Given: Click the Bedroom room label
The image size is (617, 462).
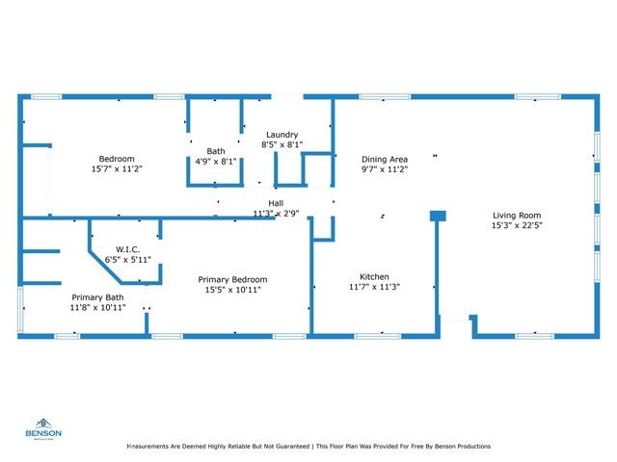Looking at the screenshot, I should point(117,159).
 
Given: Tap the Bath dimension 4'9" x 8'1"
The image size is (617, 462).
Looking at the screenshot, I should point(215,162).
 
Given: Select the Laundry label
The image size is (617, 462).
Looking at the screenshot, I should point(282,135).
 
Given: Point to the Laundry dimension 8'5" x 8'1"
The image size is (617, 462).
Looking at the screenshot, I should point(282,145).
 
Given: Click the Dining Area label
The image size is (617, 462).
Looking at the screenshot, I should point(385,159).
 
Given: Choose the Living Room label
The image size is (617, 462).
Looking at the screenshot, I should point(517,216).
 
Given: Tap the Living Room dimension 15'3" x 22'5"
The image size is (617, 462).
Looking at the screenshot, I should point(517,227).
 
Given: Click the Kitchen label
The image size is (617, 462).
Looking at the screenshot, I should point(374,275).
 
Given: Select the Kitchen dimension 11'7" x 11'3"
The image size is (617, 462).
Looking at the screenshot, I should point(374,287).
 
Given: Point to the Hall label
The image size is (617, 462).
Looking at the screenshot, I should point(276,203).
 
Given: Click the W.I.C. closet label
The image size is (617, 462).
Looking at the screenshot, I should point(128,248).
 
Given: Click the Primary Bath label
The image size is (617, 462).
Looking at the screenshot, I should point(96,297).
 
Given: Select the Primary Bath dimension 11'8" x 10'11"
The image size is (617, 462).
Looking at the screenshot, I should point(96,308).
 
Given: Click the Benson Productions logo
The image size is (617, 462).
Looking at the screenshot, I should point(44,427).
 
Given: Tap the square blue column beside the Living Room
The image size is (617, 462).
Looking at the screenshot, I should point(438,216).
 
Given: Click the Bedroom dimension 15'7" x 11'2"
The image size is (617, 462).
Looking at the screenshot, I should point(117,169).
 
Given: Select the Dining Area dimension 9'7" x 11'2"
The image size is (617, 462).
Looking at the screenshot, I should point(385,169).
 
